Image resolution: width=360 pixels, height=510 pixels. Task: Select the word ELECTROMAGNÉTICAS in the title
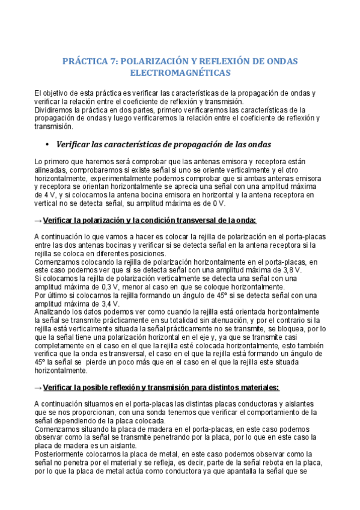pos(180,73)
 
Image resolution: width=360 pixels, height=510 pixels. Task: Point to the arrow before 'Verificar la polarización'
pos(38,220)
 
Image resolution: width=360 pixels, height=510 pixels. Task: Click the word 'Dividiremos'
pos(54,110)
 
